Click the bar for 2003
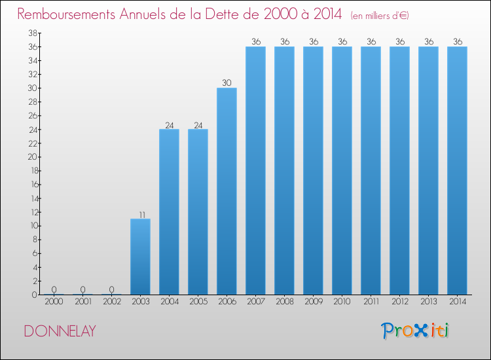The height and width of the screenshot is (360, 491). pyautogui.click(x=140, y=257)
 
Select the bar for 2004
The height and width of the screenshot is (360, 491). pyautogui.click(x=169, y=212)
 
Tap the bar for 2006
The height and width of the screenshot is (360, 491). pyautogui.click(x=227, y=191)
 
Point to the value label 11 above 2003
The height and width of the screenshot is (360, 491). pyautogui.click(x=140, y=214)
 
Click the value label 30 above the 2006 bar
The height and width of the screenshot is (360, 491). pyautogui.click(x=227, y=83)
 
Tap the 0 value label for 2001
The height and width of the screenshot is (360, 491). pyautogui.click(x=82, y=290)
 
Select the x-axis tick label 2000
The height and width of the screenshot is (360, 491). pyautogui.click(x=54, y=302)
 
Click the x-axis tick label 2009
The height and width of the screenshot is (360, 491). pyautogui.click(x=313, y=302)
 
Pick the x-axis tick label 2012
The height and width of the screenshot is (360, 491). pyautogui.click(x=399, y=302)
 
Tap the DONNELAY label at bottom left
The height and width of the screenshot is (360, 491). pyautogui.click(x=60, y=331)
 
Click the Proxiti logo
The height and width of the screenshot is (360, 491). pyautogui.click(x=416, y=331)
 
